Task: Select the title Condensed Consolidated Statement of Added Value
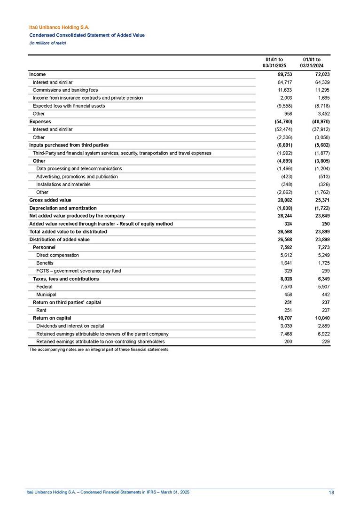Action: tap(87, 35)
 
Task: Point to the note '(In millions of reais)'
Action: tap(47, 43)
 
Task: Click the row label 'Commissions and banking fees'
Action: tap(65, 90)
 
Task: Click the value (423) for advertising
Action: tap(281, 177)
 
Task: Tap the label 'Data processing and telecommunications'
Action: tap(79, 169)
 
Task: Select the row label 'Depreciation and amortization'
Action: tap(63, 208)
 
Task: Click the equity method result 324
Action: tap(282, 224)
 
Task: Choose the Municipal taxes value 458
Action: tap(282, 294)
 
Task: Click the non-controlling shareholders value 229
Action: tap(321, 341)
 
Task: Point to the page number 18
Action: tap(332, 493)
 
